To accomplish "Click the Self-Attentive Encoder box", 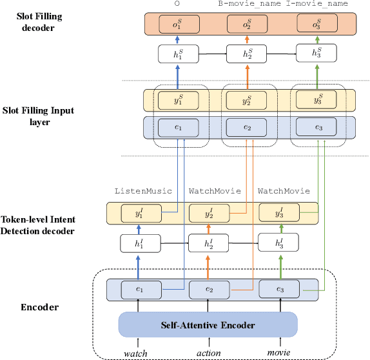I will click(x=208, y=324).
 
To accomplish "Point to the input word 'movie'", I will click(x=280, y=352).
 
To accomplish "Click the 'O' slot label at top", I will click(x=177, y=4).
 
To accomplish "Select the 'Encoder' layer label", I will click(x=40, y=306).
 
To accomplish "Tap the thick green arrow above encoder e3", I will click(x=280, y=266).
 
